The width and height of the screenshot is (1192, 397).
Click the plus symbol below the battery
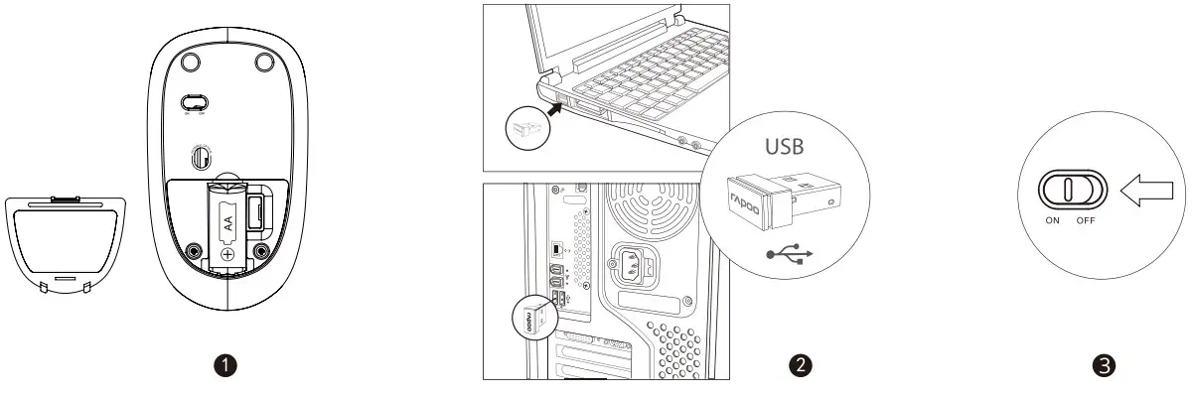[x=228, y=253]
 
